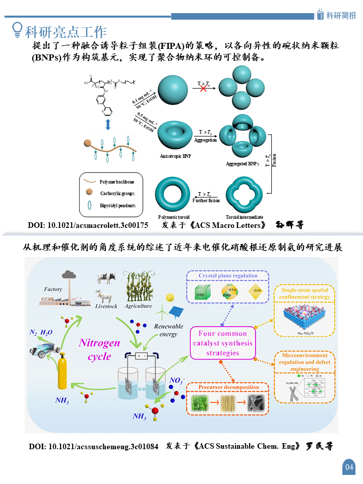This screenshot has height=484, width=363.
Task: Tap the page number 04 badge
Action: pyautogui.click(x=349, y=467)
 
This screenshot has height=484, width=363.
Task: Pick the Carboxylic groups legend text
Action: pyautogui.click(x=117, y=193)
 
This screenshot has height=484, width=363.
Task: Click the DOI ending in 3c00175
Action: pyautogui.click(x=88, y=225)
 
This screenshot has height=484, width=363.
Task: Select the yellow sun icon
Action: pyautogui.click(x=169, y=298)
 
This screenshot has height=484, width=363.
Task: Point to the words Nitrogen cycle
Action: pyautogui.click(x=99, y=349)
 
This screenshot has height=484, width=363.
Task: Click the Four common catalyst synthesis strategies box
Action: pyautogui.click(x=222, y=343)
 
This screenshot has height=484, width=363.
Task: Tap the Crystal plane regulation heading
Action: pyautogui.click(x=228, y=276)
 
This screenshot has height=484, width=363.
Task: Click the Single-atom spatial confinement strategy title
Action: pyautogui.click(x=305, y=293)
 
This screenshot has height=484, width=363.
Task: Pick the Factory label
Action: pyautogui.click(x=53, y=289)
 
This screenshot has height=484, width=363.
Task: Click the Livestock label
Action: pyautogui.click(x=106, y=306)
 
